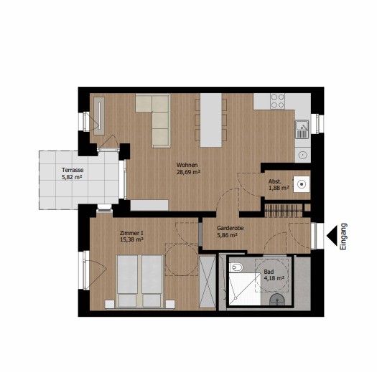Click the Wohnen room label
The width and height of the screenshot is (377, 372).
187,165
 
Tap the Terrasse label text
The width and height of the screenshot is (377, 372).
73,170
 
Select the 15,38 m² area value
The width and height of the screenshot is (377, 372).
131,239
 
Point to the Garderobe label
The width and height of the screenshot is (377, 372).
230,228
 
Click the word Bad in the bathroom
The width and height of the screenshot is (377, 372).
269,272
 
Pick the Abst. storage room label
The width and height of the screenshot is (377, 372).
275,181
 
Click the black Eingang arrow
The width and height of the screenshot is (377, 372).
332,236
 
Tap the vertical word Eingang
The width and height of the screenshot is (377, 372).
343,237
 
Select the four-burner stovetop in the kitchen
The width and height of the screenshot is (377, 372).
277,101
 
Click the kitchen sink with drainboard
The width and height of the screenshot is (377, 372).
302,129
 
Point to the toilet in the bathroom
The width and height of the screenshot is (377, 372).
236,267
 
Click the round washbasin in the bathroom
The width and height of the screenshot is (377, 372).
277,300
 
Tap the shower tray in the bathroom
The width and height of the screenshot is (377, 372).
245,289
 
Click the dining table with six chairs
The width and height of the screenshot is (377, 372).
211,120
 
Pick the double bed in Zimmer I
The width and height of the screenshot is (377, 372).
139,281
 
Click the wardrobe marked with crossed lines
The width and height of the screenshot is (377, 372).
208,282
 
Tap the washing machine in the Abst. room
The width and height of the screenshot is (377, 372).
302,184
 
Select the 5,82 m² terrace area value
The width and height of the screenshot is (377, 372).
73,177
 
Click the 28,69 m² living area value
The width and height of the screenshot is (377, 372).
188,172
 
